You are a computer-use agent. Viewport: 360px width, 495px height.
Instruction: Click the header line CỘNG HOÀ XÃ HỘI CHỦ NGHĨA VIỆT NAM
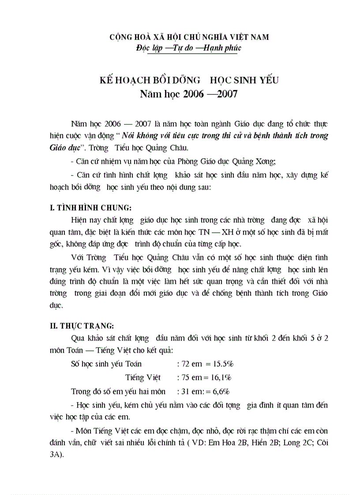189,37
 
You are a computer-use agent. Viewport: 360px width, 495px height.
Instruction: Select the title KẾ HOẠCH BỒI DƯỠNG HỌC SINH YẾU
188,80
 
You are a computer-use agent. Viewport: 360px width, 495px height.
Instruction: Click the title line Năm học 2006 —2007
188,93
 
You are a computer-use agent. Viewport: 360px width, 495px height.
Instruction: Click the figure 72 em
190,364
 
